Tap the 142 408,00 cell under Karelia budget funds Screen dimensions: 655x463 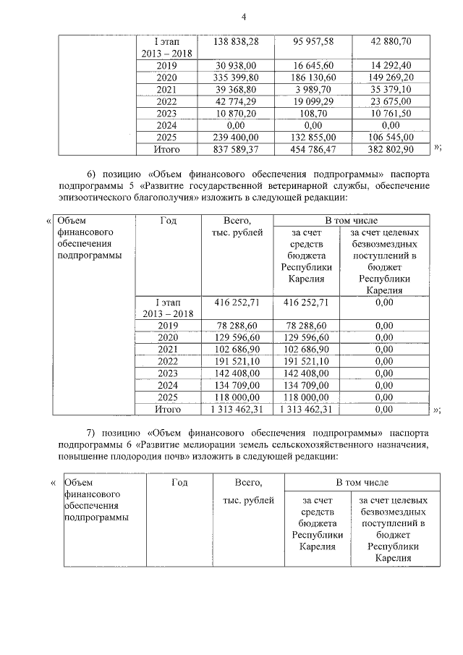307,373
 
